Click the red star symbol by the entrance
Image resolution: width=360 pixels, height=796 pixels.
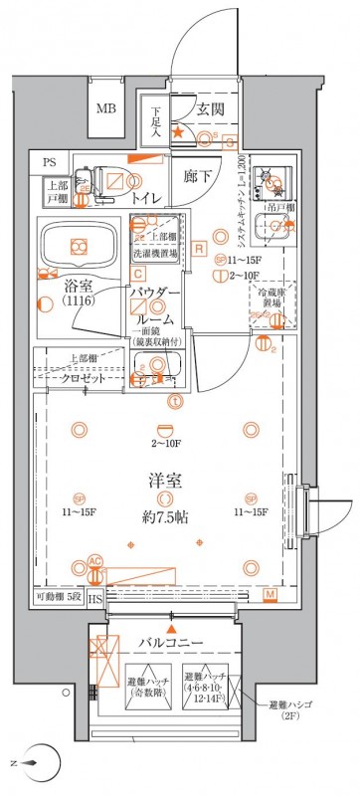[178, 132]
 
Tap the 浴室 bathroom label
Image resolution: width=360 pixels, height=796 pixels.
[53, 283]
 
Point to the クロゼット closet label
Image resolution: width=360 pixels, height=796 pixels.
[86, 380]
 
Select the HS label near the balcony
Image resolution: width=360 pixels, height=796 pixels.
[94, 598]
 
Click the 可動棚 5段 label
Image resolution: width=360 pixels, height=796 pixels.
[54, 598]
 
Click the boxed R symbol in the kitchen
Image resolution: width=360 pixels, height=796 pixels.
[199, 247]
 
